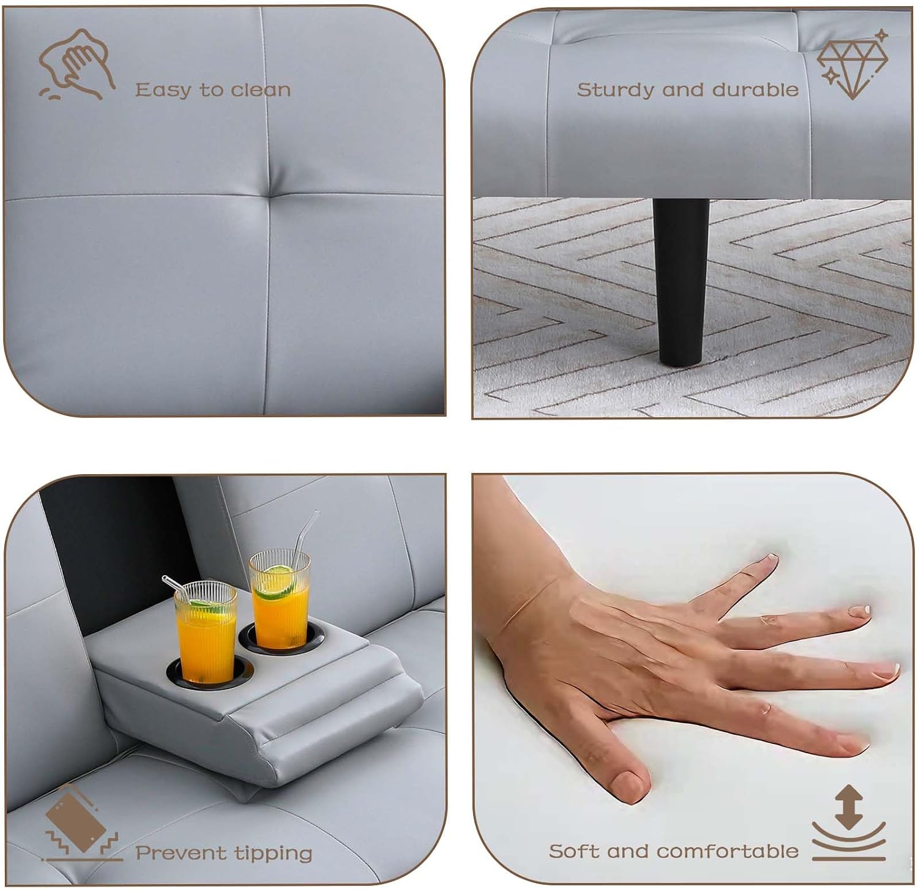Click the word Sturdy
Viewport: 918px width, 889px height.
(x=618, y=91)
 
